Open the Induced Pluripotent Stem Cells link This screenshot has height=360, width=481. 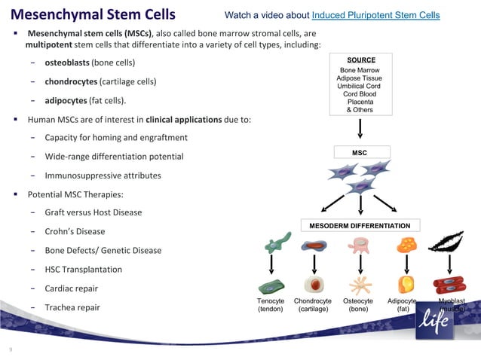coord(375,16)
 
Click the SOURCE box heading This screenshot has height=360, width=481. coord(360,59)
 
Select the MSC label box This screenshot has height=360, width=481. coord(360,153)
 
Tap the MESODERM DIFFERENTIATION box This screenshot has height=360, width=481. coord(360,226)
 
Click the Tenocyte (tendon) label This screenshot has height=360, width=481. coord(271,305)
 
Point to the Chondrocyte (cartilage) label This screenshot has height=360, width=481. coord(312,305)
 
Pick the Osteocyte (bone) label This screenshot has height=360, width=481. coord(357,305)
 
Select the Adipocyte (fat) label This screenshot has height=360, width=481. coord(403,305)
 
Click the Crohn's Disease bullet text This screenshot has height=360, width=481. coord(75,231)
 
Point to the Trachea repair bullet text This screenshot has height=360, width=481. coord(72,307)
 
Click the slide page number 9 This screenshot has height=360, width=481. coord(11,349)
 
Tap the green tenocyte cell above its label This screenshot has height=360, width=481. coord(271,286)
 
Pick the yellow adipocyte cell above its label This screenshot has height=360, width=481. coord(406,285)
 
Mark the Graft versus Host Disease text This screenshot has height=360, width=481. coord(93,212)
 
